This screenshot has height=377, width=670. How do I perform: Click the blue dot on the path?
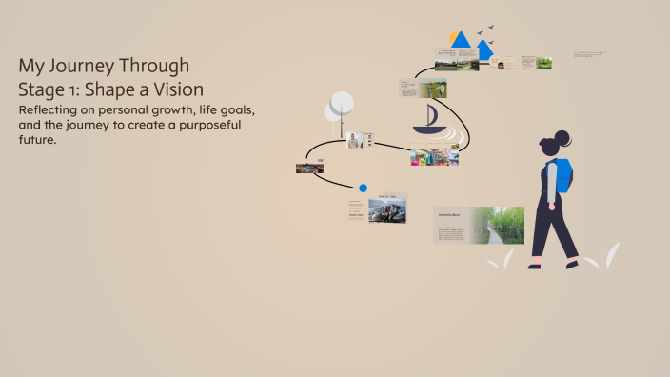pyautogui.click(x=363, y=188)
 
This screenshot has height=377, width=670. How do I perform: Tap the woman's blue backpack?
pyautogui.click(x=562, y=175)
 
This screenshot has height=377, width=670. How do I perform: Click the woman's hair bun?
pyautogui.click(x=562, y=137)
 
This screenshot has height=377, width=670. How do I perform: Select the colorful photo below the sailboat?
pyautogui.click(x=434, y=156)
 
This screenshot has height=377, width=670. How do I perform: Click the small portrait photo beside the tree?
pyautogui.click(x=355, y=140)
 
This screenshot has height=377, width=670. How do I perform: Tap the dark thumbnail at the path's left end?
pyautogui.click(x=309, y=168)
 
